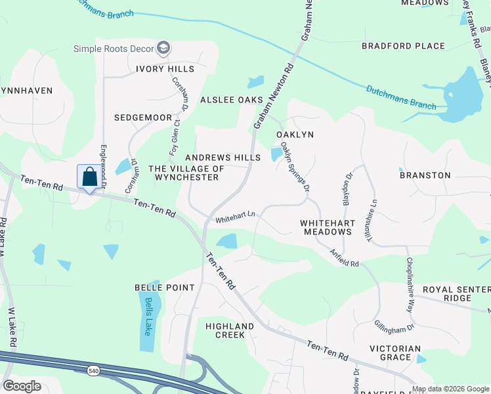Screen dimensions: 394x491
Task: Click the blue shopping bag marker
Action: point(89,177)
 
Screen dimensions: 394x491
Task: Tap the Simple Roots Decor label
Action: point(113,49)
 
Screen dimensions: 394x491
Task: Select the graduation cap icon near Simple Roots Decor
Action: point(163,48)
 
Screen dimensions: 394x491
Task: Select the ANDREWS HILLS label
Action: point(223,158)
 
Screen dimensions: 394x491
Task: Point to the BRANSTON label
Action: point(425,175)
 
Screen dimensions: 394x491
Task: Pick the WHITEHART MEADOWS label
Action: point(327,228)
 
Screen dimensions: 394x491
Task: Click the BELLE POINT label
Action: point(164,288)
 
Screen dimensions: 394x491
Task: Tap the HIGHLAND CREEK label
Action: point(230,330)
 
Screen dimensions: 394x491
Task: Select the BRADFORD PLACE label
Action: point(404,46)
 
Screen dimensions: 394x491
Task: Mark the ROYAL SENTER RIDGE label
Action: point(456,294)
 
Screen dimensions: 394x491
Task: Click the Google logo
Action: point(22,386)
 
